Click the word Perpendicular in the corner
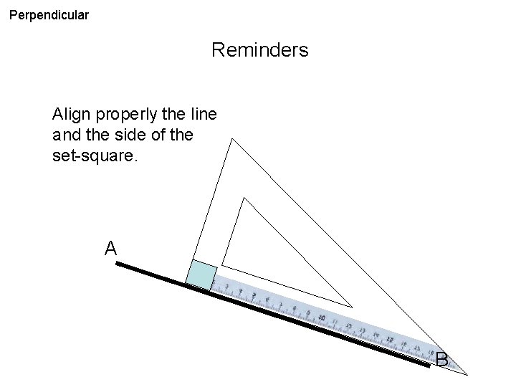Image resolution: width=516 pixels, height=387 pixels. tap(49, 14)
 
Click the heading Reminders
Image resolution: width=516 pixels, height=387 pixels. tap(260, 50)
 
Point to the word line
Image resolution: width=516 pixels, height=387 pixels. tap(204, 115)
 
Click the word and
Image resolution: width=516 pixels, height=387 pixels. tap(68, 135)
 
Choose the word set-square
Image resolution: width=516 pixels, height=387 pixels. tap(94, 155)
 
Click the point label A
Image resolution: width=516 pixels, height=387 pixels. tap(110, 249)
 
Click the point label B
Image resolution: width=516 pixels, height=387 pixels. tap(441, 360)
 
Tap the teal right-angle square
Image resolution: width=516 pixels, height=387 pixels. tap(201, 276)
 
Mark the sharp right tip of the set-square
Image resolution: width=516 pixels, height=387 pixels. tap(467, 374)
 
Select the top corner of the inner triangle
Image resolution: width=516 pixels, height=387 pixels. tap(244, 198)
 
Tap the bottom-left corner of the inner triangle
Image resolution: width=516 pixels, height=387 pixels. tap(222, 264)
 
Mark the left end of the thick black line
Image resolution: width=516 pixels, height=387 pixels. tap(118, 264)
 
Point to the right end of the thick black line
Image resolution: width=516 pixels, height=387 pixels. tap(430, 365)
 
